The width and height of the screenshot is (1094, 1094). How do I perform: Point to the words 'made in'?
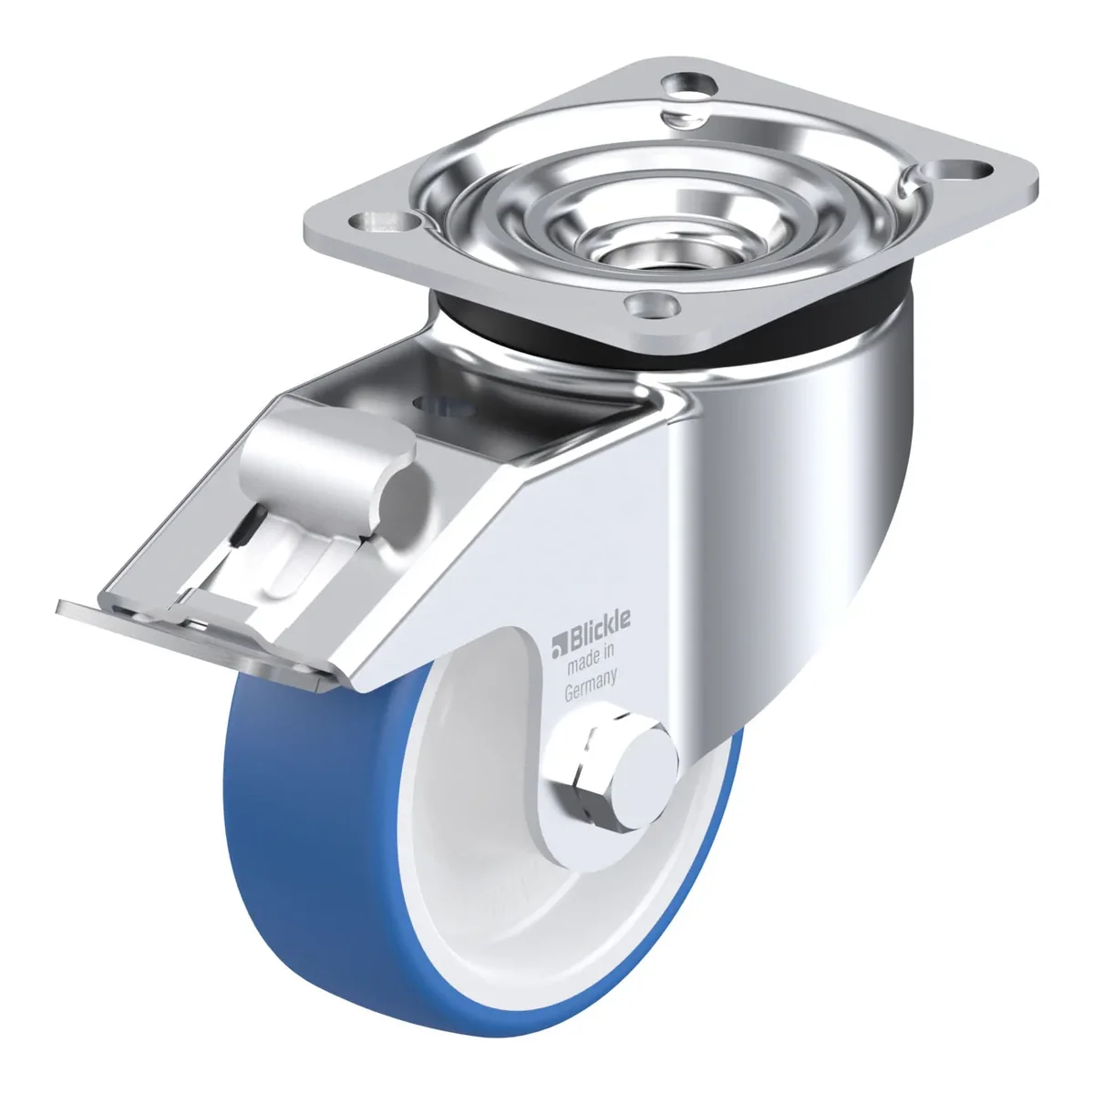point(591,659)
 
